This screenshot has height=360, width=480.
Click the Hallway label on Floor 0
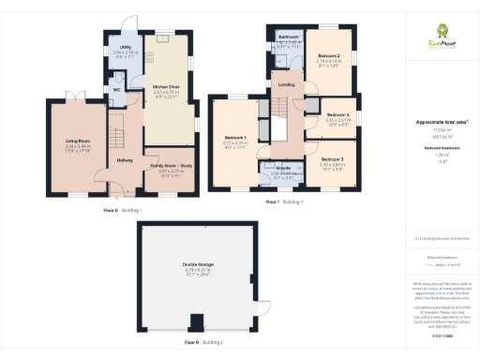[125, 159]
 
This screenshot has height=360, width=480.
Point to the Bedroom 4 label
[337, 113]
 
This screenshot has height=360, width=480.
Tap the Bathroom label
[288, 37]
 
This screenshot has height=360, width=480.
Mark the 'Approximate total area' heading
[441, 122]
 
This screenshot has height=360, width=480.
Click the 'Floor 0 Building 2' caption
[203, 344]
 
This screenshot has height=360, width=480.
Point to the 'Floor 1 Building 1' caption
[284, 202]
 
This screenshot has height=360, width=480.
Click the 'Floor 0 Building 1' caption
[123, 210]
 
